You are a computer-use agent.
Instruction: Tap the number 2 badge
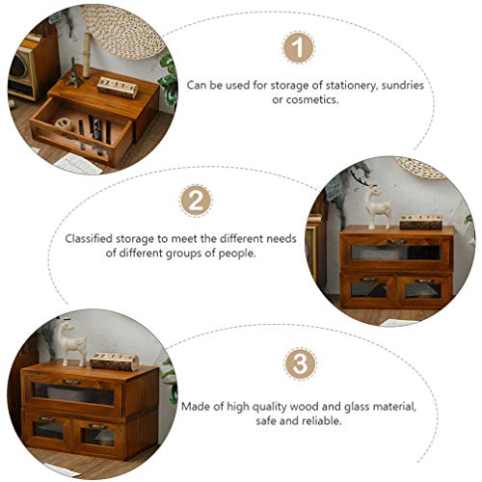196,202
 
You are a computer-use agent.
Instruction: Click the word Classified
94,237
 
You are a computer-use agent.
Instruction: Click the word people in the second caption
231,253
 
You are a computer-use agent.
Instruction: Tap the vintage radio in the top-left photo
24,72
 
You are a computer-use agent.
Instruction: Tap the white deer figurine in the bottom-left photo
67,340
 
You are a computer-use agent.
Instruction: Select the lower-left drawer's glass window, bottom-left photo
49,430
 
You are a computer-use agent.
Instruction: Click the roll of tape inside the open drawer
66,126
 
